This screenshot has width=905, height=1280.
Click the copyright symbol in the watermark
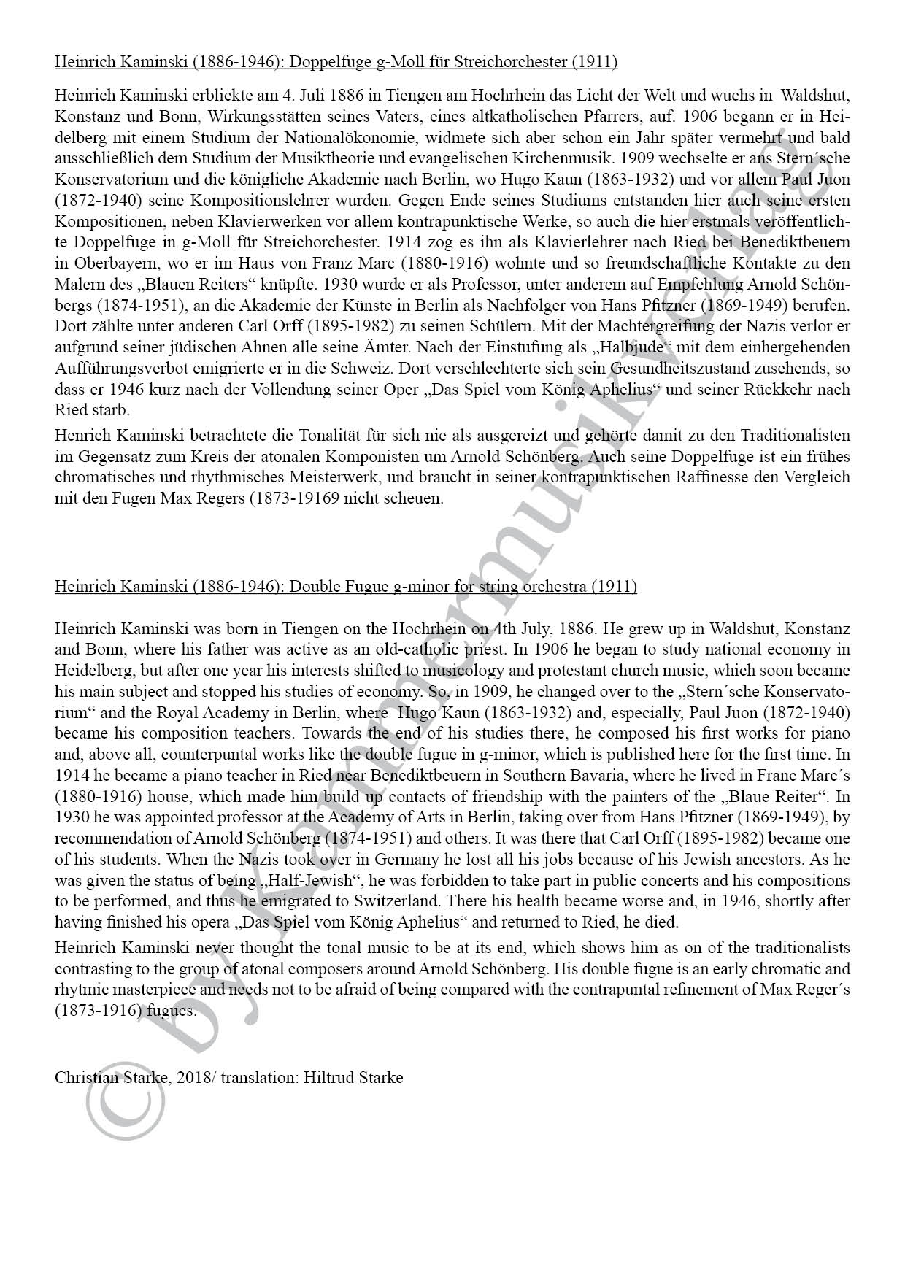[125, 1100]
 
